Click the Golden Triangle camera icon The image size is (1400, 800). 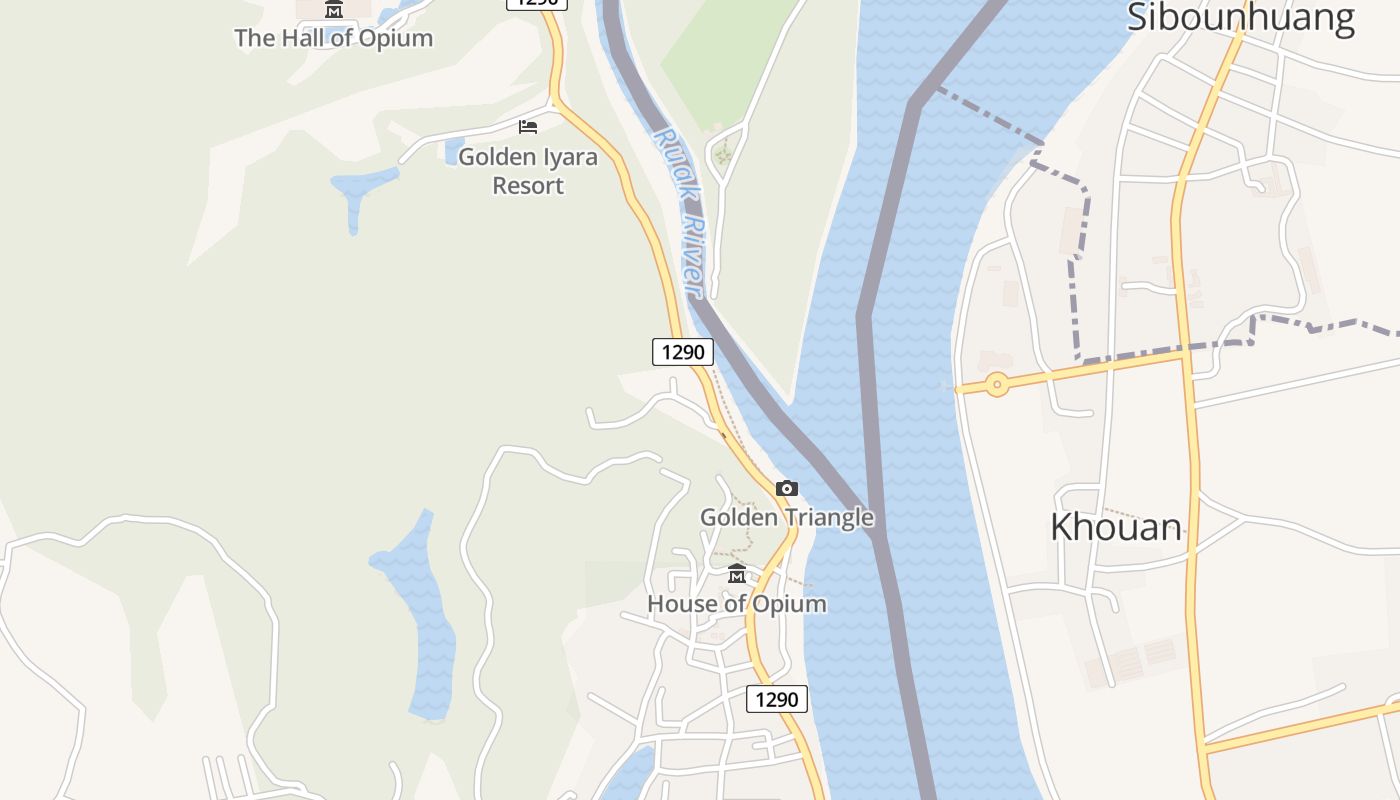[x=787, y=489]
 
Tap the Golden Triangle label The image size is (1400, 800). [x=787, y=518]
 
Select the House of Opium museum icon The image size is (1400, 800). [x=737, y=574]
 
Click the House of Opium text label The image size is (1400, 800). [x=737, y=604]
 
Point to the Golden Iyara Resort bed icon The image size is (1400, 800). [x=528, y=127]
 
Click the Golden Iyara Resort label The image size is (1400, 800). [x=528, y=171]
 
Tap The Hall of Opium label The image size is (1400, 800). [x=334, y=38]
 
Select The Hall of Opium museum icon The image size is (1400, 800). [x=334, y=10]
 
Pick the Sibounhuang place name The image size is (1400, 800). [x=1241, y=18]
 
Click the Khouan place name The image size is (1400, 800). [x=1116, y=527]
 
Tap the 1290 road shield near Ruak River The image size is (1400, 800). [x=683, y=352]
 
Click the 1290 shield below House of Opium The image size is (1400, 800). [x=777, y=699]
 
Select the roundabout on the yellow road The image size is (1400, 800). [x=996, y=385]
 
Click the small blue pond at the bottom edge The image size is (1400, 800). [x=627, y=774]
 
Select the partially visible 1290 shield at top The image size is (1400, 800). [x=537, y=3]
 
